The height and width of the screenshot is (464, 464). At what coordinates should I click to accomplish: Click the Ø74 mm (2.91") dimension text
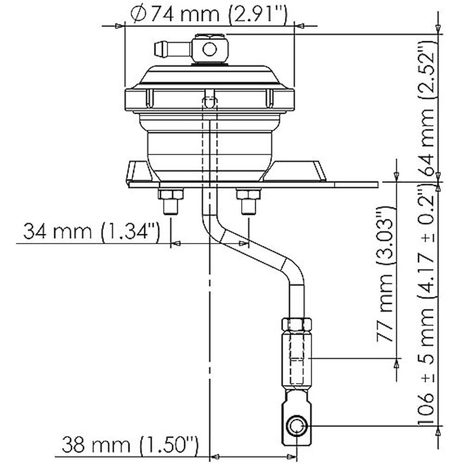pyautogui.click(x=208, y=14)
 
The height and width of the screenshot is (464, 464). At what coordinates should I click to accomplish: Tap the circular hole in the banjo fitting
pyautogui.click(x=209, y=49)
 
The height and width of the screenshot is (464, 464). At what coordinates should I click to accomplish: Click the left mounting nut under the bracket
pyautogui.click(x=170, y=195)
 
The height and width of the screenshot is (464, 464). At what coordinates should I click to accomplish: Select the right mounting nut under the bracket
pyautogui.click(x=248, y=195)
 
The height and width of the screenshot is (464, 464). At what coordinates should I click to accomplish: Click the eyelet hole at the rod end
pyautogui.click(x=297, y=426)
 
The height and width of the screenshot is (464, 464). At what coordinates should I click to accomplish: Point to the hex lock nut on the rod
pyautogui.click(x=296, y=324)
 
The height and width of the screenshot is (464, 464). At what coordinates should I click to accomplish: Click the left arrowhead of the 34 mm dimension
pyautogui.click(x=177, y=243)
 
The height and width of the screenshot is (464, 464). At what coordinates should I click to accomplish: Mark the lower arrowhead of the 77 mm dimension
pyautogui.click(x=397, y=363)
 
